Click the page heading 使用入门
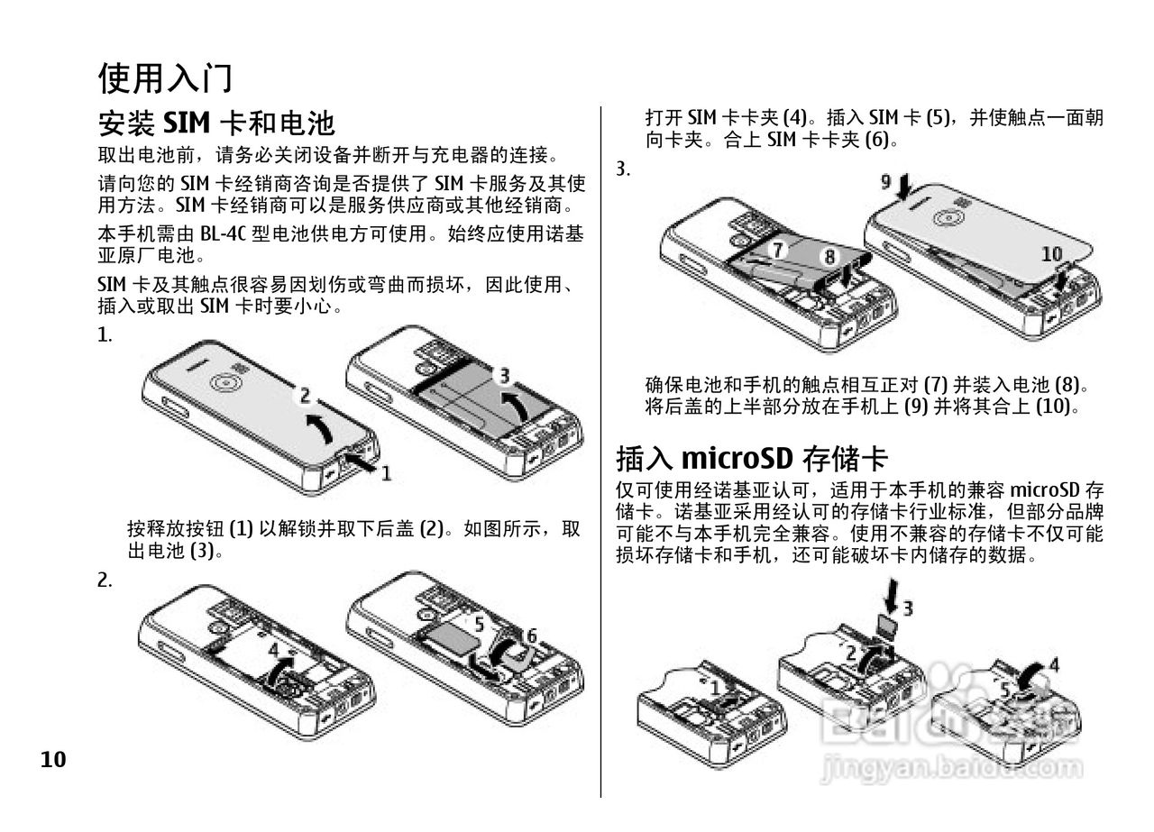[x=165, y=78]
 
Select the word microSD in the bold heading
[x=736, y=458]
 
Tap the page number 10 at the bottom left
[x=53, y=760]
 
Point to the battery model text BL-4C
[x=223, y=234]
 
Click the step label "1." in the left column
[x=105, y=335]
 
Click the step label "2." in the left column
[x=105, y=581]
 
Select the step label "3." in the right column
[x=623, y=169]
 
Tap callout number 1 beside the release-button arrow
[x=385, y=471]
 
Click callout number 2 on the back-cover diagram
[x=305, y=395]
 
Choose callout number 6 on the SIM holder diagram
[x=531, y=635]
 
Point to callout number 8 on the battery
[x=829, y=256]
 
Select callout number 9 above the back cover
[x=886, y=182]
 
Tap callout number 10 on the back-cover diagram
[x=1052, y=254]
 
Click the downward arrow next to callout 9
[x=904, y=187]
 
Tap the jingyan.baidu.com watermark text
[x=952, y=768]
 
